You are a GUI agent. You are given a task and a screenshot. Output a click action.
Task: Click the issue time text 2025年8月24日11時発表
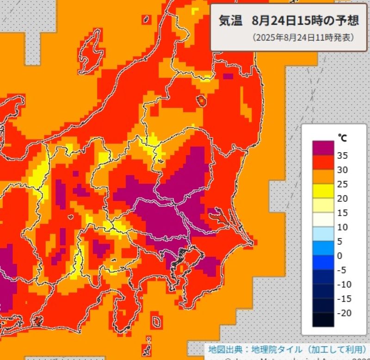pos(303,37)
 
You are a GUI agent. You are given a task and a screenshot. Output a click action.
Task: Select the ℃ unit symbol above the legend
pos(342,137)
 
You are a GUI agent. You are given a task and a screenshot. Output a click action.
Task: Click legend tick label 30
pos(342,170)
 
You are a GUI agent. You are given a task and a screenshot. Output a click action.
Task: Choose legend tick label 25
pos(342,184)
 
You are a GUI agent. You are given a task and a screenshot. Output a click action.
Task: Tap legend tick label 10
pos(342,227)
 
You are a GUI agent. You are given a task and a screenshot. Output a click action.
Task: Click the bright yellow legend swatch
pos(323,191)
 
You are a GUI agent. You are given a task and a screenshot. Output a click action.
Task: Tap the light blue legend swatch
pos(323,234)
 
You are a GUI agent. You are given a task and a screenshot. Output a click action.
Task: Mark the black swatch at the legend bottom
pos(323,320)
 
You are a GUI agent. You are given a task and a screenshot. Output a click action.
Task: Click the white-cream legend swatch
pos(323,220)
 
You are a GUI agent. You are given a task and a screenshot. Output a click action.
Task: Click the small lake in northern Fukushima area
pos(202,100)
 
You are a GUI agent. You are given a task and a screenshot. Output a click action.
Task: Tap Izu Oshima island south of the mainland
pos(156,320)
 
